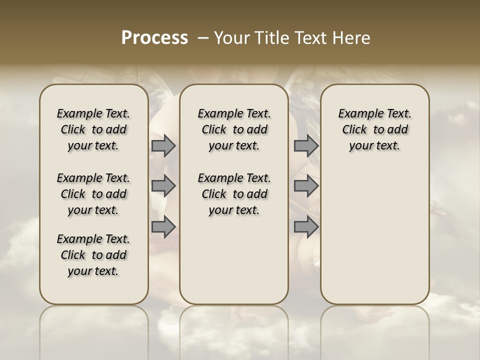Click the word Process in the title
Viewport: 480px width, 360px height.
[154, 38]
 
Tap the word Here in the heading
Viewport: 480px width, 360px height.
[352, 38]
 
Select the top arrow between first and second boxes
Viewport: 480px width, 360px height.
[163, 146]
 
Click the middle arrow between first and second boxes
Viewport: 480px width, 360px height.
[163, 186]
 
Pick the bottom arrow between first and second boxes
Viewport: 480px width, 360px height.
[163, 226]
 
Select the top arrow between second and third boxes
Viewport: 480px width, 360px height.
[306, 146]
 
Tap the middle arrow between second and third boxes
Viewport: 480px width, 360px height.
[306, 186]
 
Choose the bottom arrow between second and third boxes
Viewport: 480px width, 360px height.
[306, 226]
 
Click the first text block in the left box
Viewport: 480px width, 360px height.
[93, 129]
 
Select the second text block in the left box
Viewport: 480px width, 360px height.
[93, 194]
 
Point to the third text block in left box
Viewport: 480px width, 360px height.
[93, 255]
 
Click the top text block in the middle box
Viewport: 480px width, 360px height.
[234, 129]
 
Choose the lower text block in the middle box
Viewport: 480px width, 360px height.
[234, 194]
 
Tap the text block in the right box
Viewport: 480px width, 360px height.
[375, 129]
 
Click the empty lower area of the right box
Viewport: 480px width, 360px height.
[375, 240]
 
